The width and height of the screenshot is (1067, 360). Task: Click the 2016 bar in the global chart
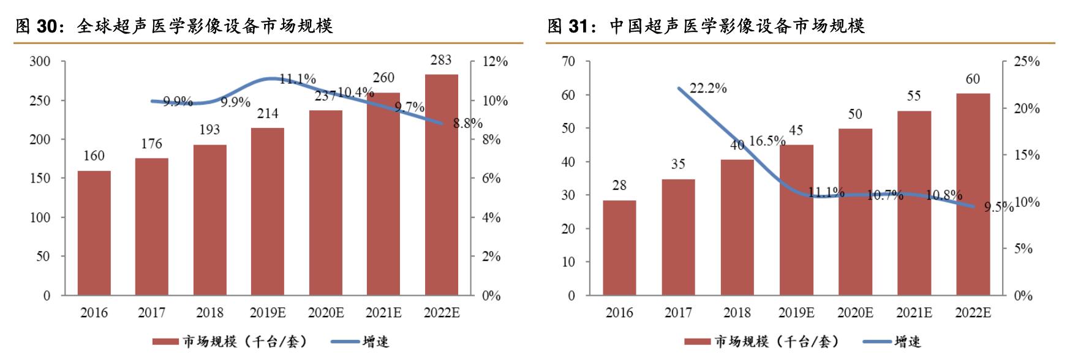click(94, 233)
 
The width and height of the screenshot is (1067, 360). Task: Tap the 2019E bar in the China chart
click(796, 220)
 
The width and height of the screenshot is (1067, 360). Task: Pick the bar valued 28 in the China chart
click(619, 248)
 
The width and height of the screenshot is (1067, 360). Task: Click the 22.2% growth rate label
click(708, 88)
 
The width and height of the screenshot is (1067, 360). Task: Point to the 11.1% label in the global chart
click(298, 79)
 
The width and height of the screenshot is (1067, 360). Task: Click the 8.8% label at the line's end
click(468, 123)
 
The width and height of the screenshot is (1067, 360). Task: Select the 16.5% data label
click(767, 141)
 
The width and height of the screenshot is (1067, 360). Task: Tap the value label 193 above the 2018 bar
click(209, 129)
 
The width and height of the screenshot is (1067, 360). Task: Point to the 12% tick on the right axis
click(495, 62)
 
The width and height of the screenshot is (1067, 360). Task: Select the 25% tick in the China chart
click(1027, 62)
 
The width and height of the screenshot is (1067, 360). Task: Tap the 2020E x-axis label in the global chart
click(326, 313)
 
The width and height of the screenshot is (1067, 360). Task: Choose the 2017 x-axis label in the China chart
click(678, 313)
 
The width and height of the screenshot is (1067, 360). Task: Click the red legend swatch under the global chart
click(166, 342)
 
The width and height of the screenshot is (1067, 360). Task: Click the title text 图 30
click(36, 26)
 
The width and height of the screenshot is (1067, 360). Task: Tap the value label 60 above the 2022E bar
click(973, 79)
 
